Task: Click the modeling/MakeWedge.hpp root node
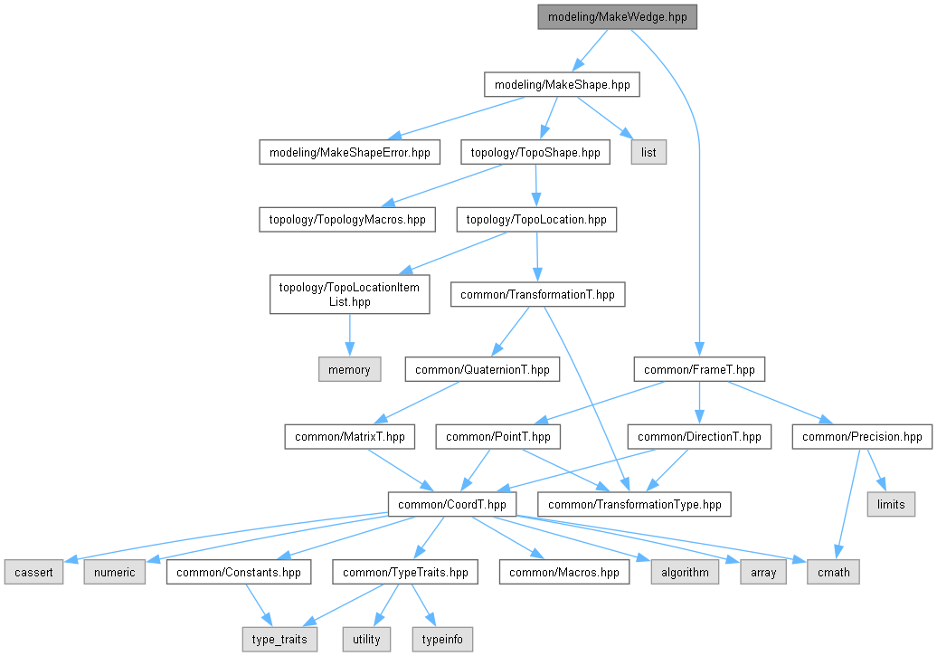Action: pyautogui.click(x=618, y=17)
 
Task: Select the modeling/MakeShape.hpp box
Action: pyautogui.click(x=562, y=84)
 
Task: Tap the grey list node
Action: pyautogui.click(x=648, y=152)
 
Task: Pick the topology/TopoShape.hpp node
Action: pyautogui.click(x=535, y=152)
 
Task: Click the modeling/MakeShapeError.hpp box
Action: pyautogui.click(x=350, y=152)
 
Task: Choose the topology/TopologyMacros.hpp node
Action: pyautogui.click(x=347, y=220)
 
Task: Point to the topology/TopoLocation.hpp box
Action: pyautogui.click(x=536, y=220)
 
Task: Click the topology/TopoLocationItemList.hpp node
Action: pyautogui.click(x=350, y=294)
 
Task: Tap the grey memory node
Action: pyautogui.click(x=350, y=369)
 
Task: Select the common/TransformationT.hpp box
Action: pyautogui.click(x=538, y=294)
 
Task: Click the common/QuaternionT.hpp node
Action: pyautogui.click(x=482, y=369)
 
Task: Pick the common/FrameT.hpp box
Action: pyautogui.click(x=699, y=369)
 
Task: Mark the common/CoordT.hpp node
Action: pyautogui.click(x=452, y=504)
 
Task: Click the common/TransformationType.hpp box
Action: pyautogui.click(x=635, y=504)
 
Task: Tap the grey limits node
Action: pyautogui.click(x=891, y=504)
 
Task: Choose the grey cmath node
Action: pyautogui.click(x=834, y=572)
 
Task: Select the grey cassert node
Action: pyautogui.click(x=33, y=572)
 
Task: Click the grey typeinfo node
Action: pyautogui.click(x=442, y=639)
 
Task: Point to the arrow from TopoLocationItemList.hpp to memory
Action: pyautogui.click(x=350, y=336)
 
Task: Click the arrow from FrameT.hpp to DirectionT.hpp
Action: pyautogui.click(x=699, y=403)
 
